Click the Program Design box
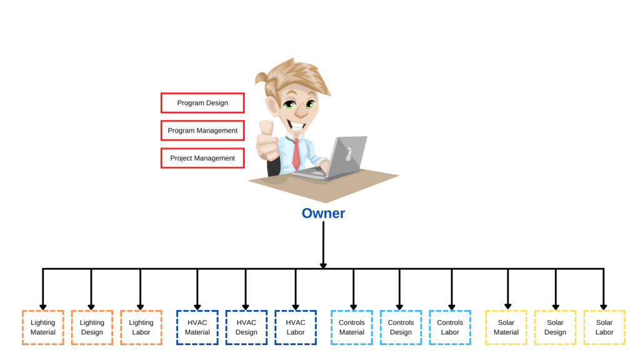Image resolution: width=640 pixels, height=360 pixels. pyautogui.click(x=202, y=103)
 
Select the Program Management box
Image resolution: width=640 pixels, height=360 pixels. pyautogui.click(x=202, y=131)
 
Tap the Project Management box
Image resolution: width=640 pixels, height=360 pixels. pyautogui.click(x=202, y=158)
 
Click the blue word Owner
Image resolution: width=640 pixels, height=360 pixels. pyautogui.click(x=323, y=213)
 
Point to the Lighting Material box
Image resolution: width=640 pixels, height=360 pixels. pyautogui.click(x=42, y=327)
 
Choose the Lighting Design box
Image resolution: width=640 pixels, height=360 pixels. pyautogui.click(x=92, y=327)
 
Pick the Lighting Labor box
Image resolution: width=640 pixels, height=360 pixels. pyautogui.click(x=141, y=327)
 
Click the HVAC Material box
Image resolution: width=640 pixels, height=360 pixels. pyautogui.click(x=197, y=327)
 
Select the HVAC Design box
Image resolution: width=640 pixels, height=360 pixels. pyautogui.click(x=246, y=327)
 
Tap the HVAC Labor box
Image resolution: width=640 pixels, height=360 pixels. pyautogui.click(x=296, y=327)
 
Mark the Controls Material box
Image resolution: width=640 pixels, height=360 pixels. pyautogui.click(x=352, y=327)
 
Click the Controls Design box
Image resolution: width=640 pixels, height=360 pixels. pyautogui.click(x=401, y=327)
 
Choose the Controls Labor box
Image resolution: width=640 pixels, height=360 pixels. pyautogui.click(x=450, y=327)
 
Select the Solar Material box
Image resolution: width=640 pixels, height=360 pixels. pyautogui.click(x=506, y=327)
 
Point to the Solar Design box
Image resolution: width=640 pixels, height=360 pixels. pyautogui.click(x=555, y=327)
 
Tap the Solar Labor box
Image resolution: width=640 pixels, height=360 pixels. pyautogui.click(x=604, y=327)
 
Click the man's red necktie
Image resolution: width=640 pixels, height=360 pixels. pyautogui.click(x=296, y=153)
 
